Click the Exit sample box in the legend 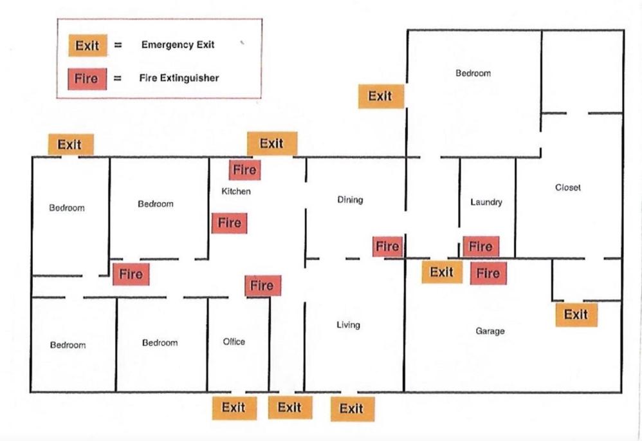click(87, 45)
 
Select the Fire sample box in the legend click(87, 79)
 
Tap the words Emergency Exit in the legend click(178, 44)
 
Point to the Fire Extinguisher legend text click(179, 78)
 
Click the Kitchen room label click(236, 191)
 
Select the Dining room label click(350, 200)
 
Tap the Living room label click(349, 325)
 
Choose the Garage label click(490, 331)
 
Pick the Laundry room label click(486, 202)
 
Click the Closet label click(568, 187)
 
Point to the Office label click(234, 341)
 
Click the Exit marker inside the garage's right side click(576, 315)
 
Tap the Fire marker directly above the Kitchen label click(245, 170)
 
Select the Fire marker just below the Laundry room click(488, 274)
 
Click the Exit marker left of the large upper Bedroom click(381, 97)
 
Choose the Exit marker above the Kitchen click(272, 144)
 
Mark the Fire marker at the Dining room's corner click(387, 247)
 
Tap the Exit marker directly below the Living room click(352, 409)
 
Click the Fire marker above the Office click(262, 285)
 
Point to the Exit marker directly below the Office click(234, 408)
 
